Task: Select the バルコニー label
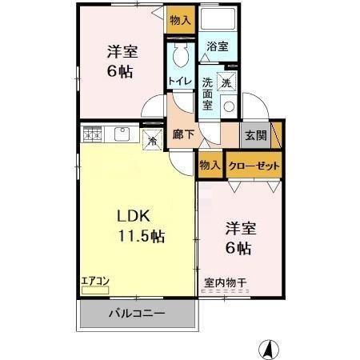[x=137, y=314]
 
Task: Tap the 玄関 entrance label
[x=256, y=134]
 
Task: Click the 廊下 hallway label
[x=183, y=134]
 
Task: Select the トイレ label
[x=179, y=80]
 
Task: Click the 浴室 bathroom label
[x=218, y=46]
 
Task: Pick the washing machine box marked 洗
[x=226, y=82]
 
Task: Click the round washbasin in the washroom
[x=228, y=106]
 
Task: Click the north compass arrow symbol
[x=270, y=350]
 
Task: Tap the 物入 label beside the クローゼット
[x=210, y=166]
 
